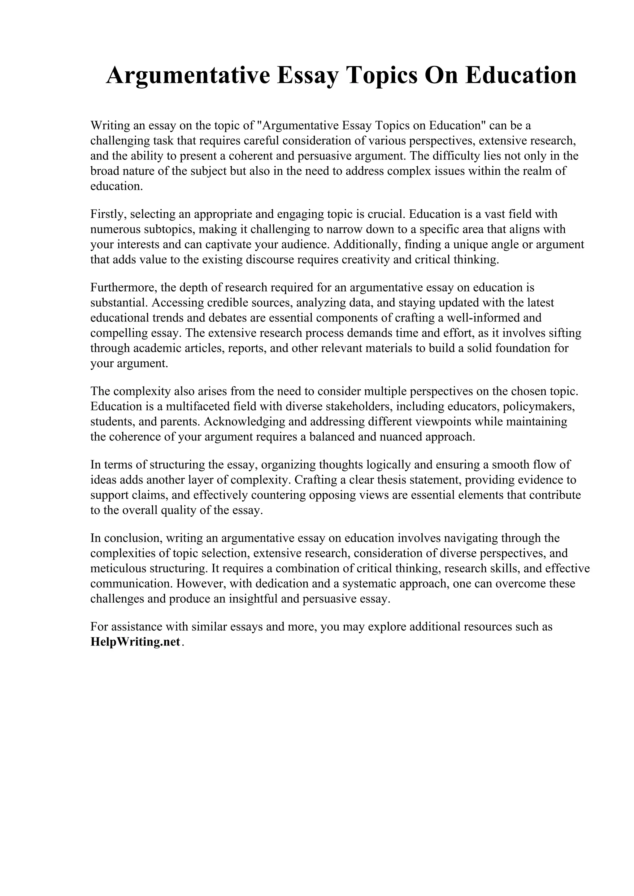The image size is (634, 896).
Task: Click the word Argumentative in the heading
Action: [x=188, y=75]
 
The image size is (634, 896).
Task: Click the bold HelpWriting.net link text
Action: [x=135, y=642]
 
